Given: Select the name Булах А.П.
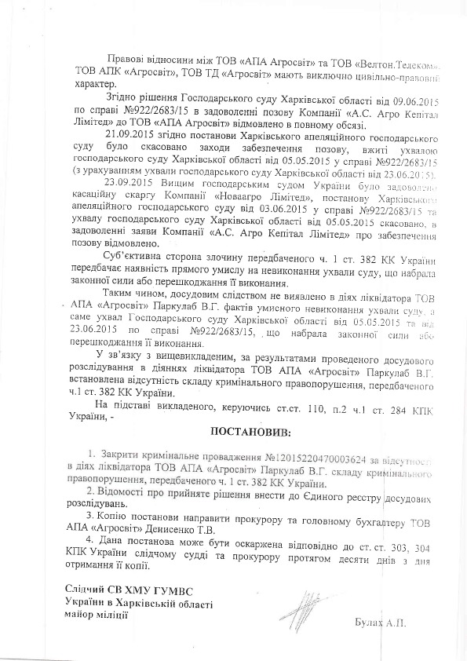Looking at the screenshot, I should (382, 622).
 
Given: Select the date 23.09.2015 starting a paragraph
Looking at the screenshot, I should (130, 182).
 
